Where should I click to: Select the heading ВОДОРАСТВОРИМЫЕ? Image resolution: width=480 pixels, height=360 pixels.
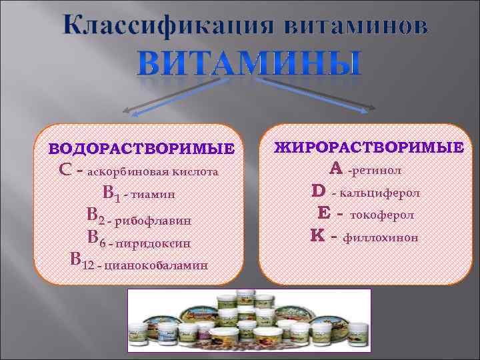pyautogui.click(x=143, y=147)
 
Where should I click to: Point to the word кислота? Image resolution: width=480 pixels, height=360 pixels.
pyautogui.click(x=196, y=171)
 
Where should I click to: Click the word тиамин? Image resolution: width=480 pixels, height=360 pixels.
pyautogui.click(x=153, y=195)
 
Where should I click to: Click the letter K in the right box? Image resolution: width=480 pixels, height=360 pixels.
pyautogui.click(x=317, y=235)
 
